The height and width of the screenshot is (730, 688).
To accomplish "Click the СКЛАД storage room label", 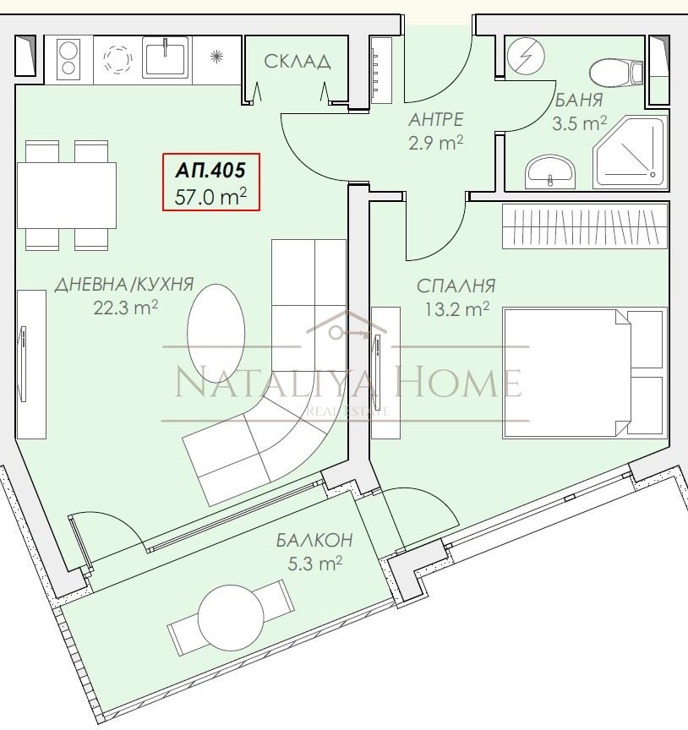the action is (x=298, y=62).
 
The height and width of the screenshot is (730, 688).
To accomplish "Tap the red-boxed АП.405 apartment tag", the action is (x=211, y=182).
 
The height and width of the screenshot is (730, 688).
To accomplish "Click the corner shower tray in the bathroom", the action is (x=630, y=152).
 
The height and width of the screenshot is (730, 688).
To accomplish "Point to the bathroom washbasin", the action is (x=550, y=172).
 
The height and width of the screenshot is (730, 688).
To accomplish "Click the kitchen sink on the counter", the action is (x=165, y=57).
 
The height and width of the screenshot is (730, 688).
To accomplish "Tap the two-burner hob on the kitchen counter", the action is (x=68, y=58).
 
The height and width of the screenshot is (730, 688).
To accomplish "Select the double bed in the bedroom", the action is (x=584, y=373).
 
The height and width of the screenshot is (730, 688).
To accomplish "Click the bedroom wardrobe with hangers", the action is (x=585, y=226).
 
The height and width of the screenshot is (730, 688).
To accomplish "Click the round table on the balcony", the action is (x=231, y=617).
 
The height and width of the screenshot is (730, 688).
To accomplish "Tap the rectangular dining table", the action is (x=67, y=195).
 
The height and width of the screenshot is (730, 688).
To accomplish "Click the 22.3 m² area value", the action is (x=125, y=308).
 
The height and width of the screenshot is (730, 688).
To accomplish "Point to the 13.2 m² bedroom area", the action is (x=456, y=308).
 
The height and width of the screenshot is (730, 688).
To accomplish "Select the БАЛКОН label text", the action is (x=314, y=540).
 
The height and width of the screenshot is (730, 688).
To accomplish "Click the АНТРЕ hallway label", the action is (x=435, y=120).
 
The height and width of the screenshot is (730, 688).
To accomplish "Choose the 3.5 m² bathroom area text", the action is (x=579, y=123).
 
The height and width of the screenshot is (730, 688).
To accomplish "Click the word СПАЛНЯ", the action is (x=456, y=286).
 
